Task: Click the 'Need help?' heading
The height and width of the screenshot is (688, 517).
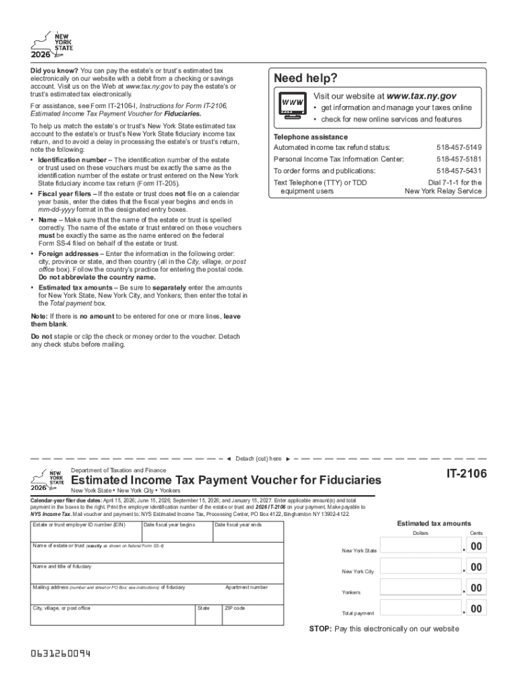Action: click(x=305, y=79)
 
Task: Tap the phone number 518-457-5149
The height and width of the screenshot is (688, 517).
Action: click(x=459, y=147)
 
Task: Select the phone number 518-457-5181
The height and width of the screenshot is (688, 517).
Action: click(x=459, y=159)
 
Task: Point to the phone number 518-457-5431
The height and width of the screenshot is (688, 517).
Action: click(x=459, y=171)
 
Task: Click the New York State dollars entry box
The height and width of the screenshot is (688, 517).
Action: click(x=420, y=548)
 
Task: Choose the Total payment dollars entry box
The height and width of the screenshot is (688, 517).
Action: click(x=420, y=609)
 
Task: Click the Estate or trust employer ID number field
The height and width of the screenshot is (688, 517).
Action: click(x=84, y=531)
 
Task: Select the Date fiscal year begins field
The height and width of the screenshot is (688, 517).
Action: click(x=175, y=531)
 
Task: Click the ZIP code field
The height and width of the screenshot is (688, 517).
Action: click(x=252, y=615)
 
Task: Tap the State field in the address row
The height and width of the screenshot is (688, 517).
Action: click(x=207, y=615)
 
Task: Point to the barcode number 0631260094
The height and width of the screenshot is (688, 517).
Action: click(x=60, y=654)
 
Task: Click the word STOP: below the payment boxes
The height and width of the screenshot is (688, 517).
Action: click(x=320, y=629)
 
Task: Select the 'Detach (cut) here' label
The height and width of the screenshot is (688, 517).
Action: click(x=258, y=458)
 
